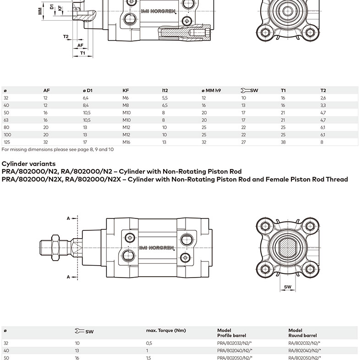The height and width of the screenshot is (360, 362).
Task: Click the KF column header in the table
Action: pos(126,91)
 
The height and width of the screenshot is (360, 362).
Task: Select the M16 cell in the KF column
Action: pos(126,142)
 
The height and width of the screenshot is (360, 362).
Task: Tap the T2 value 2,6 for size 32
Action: pos(323,98)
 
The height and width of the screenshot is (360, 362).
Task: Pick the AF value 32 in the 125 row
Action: pos(46,142)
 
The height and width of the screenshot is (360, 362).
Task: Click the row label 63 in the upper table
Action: pos(6,120)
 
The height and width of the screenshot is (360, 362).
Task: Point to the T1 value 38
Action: pos(283,142)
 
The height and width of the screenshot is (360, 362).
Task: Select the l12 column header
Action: pos(165,91)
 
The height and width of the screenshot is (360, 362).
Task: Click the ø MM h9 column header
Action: pos(211,91)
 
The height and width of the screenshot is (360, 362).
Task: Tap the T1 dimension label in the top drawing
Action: pos(82,53)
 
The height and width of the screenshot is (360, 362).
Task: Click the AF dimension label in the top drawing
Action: pos(80,45)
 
